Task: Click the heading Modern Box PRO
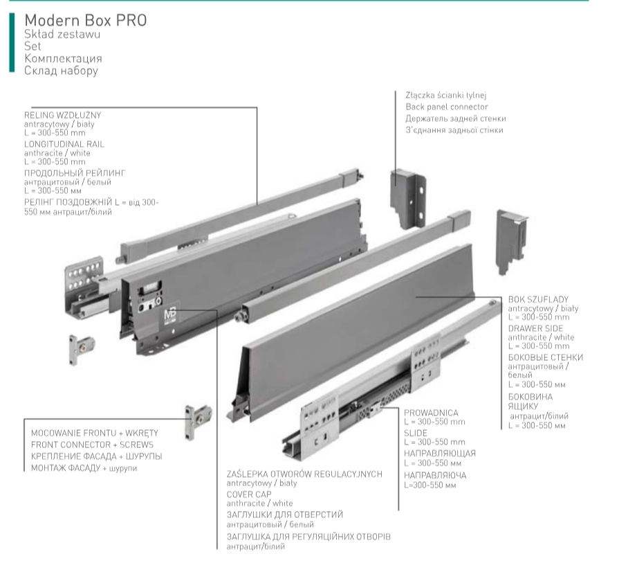tap(85, 20)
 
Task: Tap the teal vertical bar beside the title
tap(12, 42)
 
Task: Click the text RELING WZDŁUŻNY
tap(62, 115)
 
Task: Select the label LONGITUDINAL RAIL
tap(64, 144)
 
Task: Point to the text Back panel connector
tap(447, 107)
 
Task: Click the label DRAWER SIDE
tap(535, 328)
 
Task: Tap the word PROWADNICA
tap(431, 413)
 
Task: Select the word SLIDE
tap(416, 433)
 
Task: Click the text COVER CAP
tap(249, 494)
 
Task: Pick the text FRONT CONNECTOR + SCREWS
tap(92, 445)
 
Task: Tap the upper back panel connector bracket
tap(408, 199)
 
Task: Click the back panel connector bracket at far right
tap(510, 240)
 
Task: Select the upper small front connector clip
tap(82, 349)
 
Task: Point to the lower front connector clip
tap(197, 421)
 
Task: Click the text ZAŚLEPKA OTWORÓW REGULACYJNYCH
tap(304, 474)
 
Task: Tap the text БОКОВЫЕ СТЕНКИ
tap(546, 357)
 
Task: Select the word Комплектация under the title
tap(63, 58)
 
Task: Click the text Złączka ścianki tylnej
tap(446, 96)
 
